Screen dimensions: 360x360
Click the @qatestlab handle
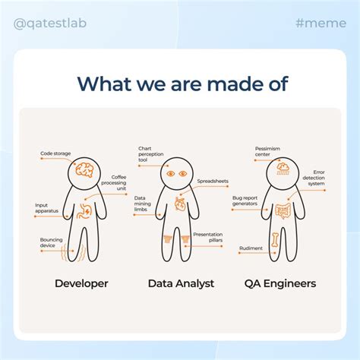[50, 23]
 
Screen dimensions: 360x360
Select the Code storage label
[55, 153]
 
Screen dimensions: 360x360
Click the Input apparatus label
[46, 208]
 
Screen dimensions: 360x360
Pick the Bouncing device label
[52, 243]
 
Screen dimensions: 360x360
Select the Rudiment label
[251, 248]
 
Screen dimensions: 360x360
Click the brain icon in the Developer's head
[84, 173]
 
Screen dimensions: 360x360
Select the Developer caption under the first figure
[81, 283]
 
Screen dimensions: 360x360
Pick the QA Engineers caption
[280, 283]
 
